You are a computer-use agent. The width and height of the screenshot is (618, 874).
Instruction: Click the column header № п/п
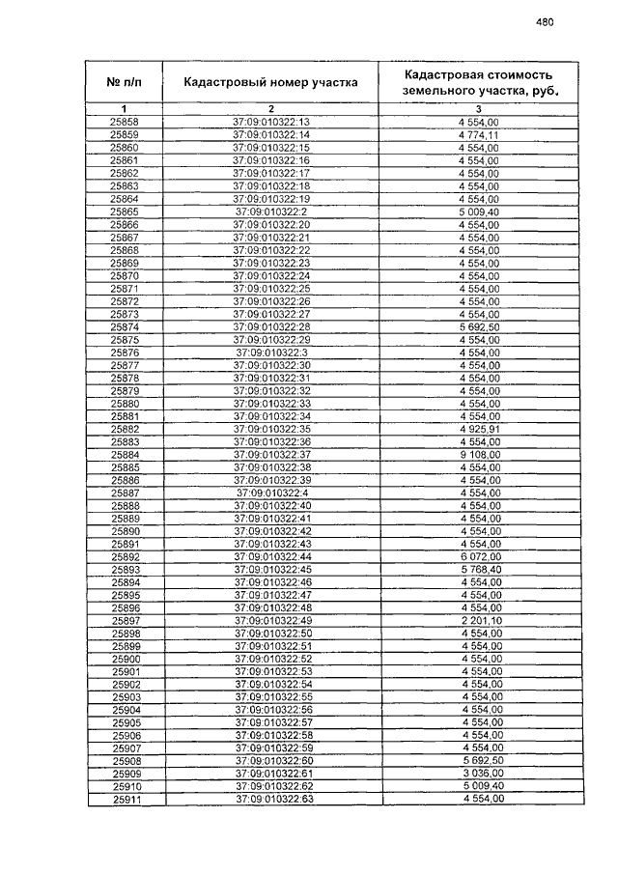(125, 82)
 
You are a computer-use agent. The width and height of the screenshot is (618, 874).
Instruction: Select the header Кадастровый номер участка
(271, 82)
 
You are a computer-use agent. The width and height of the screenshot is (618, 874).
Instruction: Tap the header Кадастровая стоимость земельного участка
(479, 82)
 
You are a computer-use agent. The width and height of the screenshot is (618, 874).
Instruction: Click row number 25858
(125, 122)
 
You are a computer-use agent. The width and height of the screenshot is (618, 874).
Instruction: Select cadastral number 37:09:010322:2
(271, 211)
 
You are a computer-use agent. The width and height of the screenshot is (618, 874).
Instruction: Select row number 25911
(126, 801)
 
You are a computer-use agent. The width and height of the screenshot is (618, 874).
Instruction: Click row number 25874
(125, 326)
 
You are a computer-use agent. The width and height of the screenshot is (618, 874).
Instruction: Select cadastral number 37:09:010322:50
(273, 634)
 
